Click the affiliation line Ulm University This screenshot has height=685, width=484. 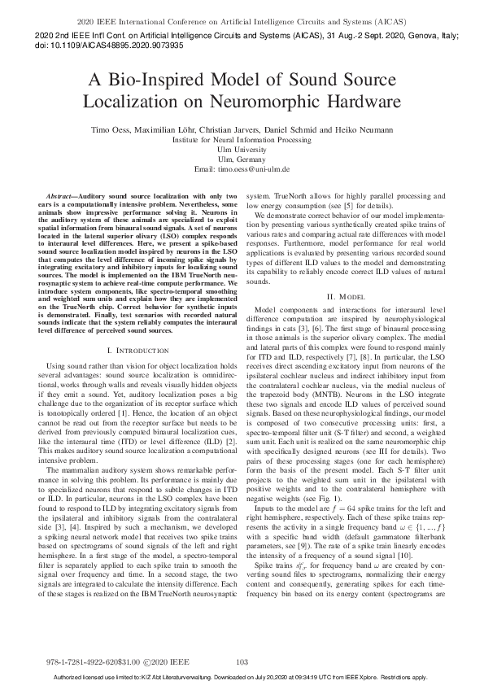click(x=242, y=149)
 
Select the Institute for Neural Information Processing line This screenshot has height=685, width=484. click(x=242, y=139)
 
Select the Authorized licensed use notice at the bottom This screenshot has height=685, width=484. click(x=242, y=677)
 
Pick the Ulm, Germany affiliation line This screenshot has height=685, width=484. click(x=242, y=159)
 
